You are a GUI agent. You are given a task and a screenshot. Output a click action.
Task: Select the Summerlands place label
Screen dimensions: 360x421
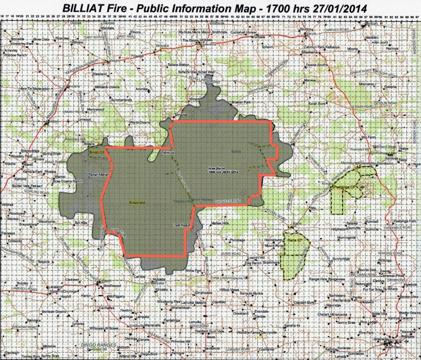121,100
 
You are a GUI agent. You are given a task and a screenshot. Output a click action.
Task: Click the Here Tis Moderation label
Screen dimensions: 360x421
34,89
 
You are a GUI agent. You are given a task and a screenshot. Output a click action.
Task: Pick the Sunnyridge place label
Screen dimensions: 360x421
341,259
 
